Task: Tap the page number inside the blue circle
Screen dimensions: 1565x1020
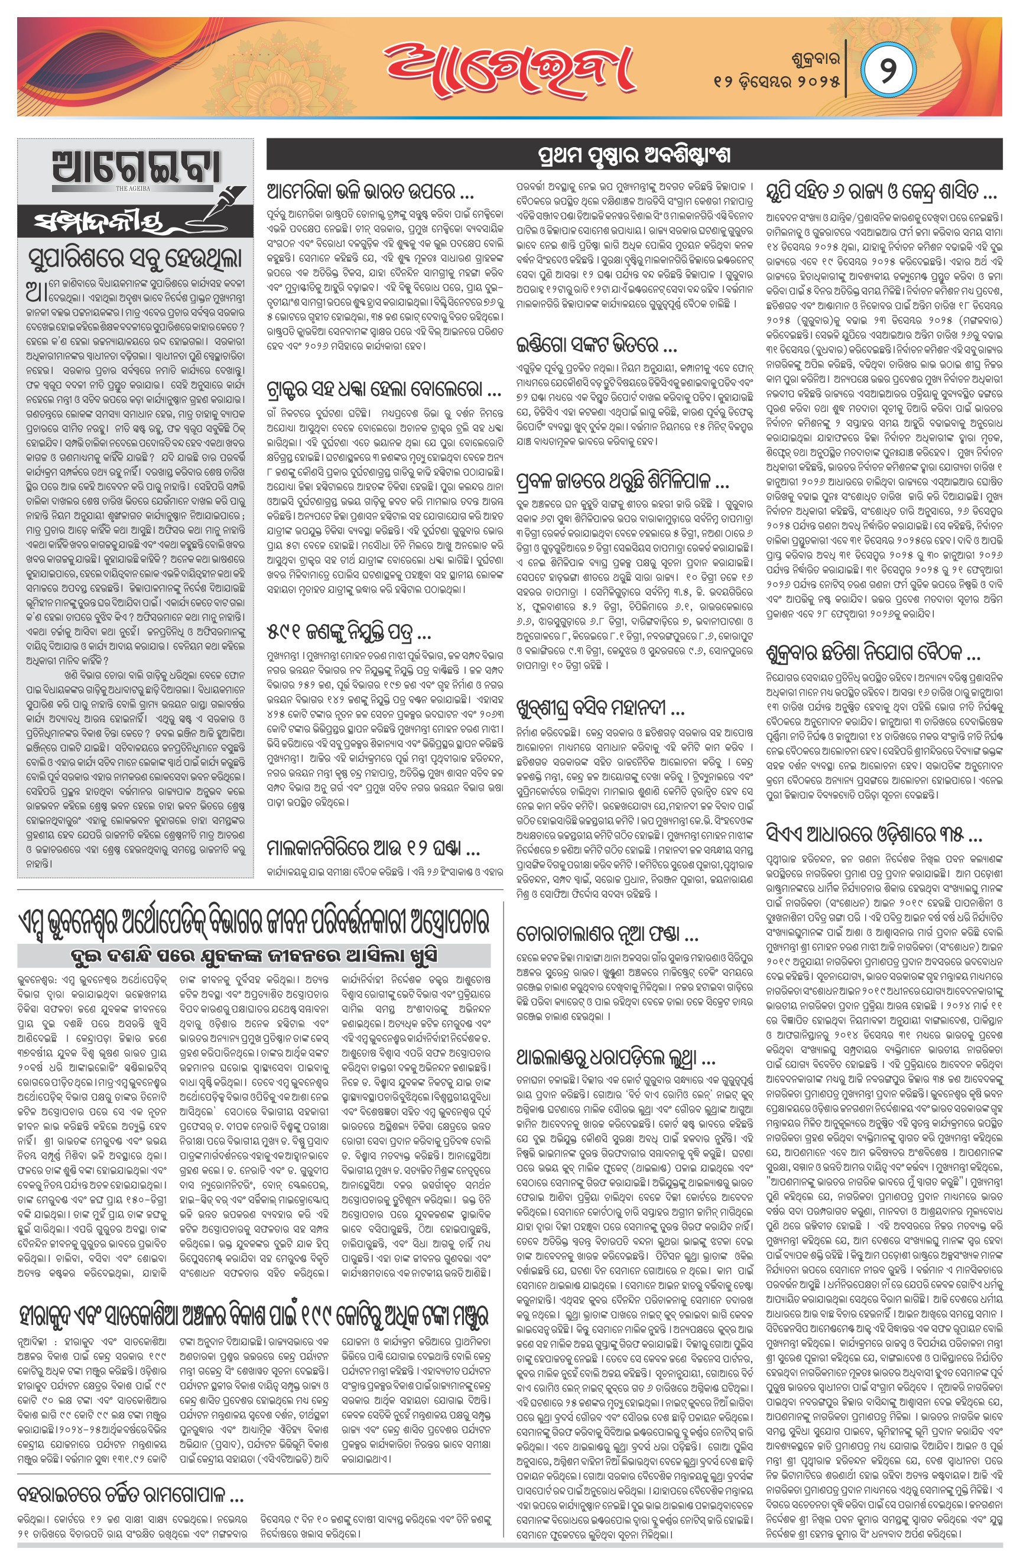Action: (887, 70)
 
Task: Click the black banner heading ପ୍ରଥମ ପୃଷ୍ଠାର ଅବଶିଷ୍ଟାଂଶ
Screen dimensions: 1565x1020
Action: (634, 155)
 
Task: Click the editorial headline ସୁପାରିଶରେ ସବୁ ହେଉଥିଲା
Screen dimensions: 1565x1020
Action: (135, 256)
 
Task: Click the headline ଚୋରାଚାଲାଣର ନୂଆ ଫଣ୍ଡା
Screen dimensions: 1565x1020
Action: (598, 934)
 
